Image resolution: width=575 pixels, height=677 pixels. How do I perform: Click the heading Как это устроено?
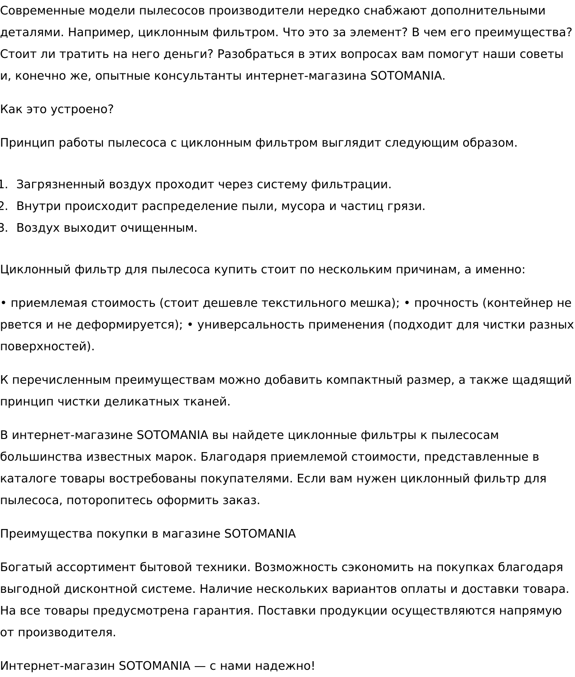click(x=57, y=110)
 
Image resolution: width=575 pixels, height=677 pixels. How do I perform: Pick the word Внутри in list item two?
click(x=38, y=206)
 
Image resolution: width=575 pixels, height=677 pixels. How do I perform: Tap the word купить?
click(x=235, y=270)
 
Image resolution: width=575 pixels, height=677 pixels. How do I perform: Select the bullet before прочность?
click(x=407, y=303)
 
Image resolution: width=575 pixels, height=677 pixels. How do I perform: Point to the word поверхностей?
click(x=47, y=347)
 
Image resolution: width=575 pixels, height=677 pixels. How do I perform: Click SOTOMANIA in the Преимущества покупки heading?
click(x=260, y=534)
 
